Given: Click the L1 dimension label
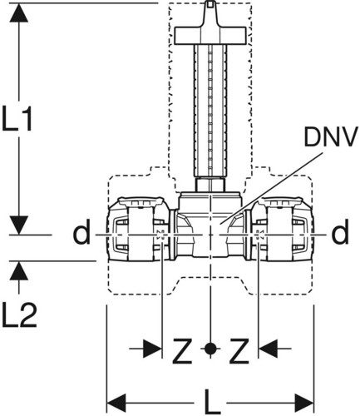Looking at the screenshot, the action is tap(17, 117).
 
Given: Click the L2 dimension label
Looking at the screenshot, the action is tap(19, 315).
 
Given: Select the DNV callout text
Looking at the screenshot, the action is tap(329, 136).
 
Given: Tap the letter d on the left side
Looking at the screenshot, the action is tap(81, 232).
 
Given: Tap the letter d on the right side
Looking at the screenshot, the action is tap(340, 232).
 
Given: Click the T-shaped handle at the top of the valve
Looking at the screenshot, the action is tap(210, 31).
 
